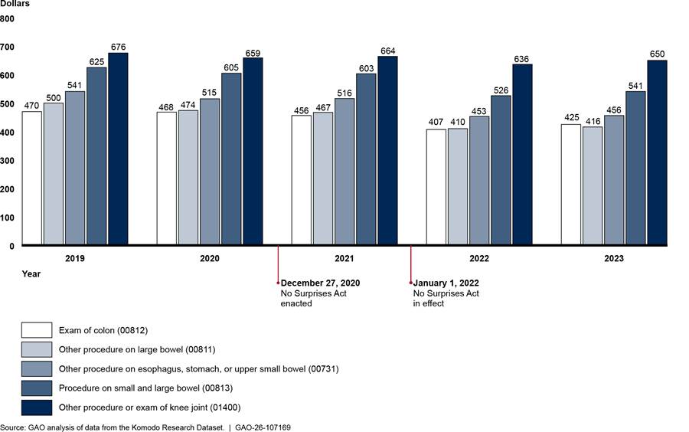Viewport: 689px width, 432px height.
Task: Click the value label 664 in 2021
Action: pos(387,51)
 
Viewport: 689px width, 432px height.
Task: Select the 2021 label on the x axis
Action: pos(344,259)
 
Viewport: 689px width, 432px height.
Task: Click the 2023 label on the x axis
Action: pos(614,259)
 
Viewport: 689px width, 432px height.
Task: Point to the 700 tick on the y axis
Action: pos(7,47)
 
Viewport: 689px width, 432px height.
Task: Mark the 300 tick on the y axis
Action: pos(7,160)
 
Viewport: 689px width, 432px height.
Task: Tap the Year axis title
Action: pos(31,273)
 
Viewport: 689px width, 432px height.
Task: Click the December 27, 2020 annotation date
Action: pos(320,283)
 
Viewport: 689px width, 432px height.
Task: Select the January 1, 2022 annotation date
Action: pos(448,283)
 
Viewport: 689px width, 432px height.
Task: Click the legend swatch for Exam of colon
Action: pos(37,331)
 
